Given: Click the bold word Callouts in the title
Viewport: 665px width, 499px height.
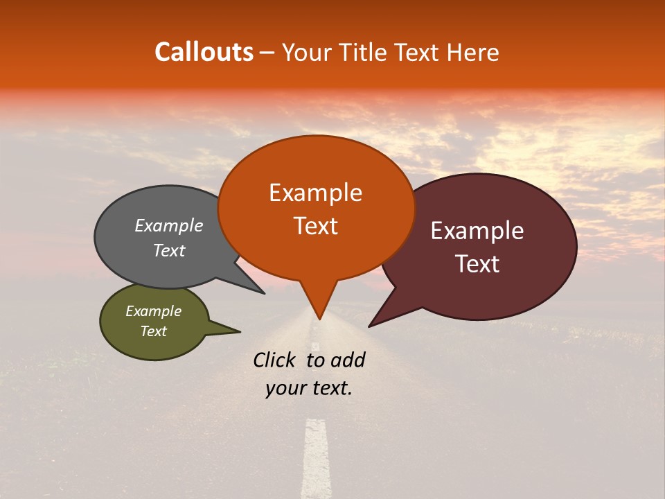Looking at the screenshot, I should coord(204,52).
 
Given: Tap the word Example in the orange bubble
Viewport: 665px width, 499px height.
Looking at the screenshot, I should coord(315,193).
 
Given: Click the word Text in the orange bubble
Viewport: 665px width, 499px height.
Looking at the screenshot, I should coord(315,225).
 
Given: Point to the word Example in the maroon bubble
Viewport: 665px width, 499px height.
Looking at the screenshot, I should coord(477,231).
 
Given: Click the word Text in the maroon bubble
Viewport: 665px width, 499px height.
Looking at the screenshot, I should coord(477,264).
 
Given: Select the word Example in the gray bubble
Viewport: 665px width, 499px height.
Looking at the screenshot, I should coord(169,225).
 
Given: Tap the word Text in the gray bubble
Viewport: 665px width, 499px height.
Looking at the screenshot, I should coord(169,250).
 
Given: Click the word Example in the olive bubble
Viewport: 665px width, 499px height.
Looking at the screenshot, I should coord(153,311).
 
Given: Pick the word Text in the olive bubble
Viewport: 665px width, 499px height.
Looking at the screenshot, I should coord(153,331).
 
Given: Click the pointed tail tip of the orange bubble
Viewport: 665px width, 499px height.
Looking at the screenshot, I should coord(319,319).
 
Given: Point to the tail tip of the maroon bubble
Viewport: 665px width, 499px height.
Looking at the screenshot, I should coord(369,326).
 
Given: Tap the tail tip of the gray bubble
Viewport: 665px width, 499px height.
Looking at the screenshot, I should coord(264,293).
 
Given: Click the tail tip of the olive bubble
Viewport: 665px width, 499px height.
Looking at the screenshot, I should coord(240,331).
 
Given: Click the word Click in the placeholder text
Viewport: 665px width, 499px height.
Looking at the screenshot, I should coord(276,360).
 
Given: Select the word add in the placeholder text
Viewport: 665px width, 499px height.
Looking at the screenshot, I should coord(348,360).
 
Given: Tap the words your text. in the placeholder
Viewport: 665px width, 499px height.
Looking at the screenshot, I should coord(308,388).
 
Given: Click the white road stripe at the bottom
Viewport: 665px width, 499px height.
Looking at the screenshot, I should coord(316,457).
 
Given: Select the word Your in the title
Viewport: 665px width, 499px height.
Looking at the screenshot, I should coord(305,52).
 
